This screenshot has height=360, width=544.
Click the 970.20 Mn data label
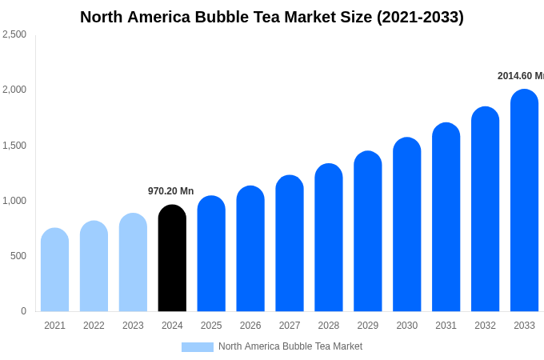coord(170,191)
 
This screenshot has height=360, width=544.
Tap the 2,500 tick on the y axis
coord(14,34)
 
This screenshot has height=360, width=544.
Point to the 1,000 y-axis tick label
coord(14,201)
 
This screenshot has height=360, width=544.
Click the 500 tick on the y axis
coord(18,256)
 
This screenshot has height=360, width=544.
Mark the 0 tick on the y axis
coord(23,311)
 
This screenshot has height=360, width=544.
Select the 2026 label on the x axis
coord(250,326)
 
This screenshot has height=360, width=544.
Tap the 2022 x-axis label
coord(94,326)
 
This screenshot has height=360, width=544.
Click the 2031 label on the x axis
coord(446,326)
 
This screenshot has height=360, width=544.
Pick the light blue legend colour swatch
coord(197,347)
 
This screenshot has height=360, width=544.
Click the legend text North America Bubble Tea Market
coord(290,346)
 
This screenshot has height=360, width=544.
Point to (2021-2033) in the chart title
coord(420,17)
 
